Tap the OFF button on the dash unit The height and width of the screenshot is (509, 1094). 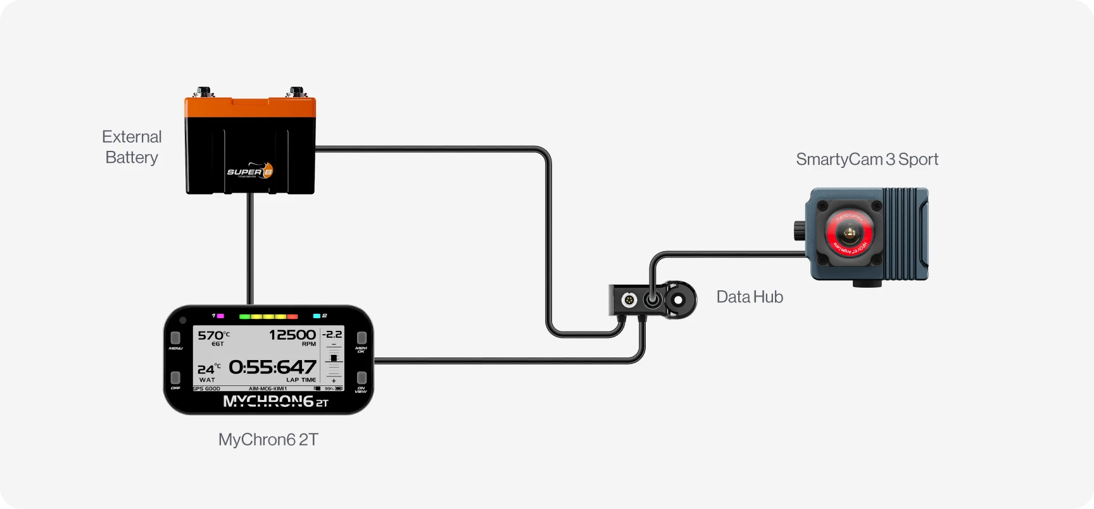pyautogui.click(x=175, y=378)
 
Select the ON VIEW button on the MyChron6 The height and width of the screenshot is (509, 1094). pyautogui.click(x=362, y=378)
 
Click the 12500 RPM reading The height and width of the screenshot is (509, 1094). pyautogui.click(x=292, y=335)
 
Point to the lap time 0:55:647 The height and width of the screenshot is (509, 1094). pyautogui.click(x=272, y=367)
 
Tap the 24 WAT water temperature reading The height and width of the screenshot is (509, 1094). pyautogui.click(x=208, y=370)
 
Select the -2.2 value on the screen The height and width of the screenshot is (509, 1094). pyautogui.click(x=332, y=334)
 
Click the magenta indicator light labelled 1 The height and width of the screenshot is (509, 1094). pyautogui.click(x=220, y=316)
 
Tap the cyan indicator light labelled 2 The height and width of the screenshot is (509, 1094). pyautogui.click(x=317, y=316)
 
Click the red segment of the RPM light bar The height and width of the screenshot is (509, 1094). pyautogui.click(x=292, y=316)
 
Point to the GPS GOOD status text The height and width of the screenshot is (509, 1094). pyautogui.click(x=207, y=389)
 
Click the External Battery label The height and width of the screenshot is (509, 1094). pyautogui.click(x=132, y=147)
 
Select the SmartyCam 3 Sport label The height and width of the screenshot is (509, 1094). pyautogui.click(x=867, y=159)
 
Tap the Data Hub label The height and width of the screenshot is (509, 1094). pyautogui.click(x=750, y=297)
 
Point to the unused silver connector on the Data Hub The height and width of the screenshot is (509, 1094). pyautogui.click(x=629, y=299)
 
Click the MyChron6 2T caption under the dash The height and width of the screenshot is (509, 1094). pyautogui.click(x=268, y=439)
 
